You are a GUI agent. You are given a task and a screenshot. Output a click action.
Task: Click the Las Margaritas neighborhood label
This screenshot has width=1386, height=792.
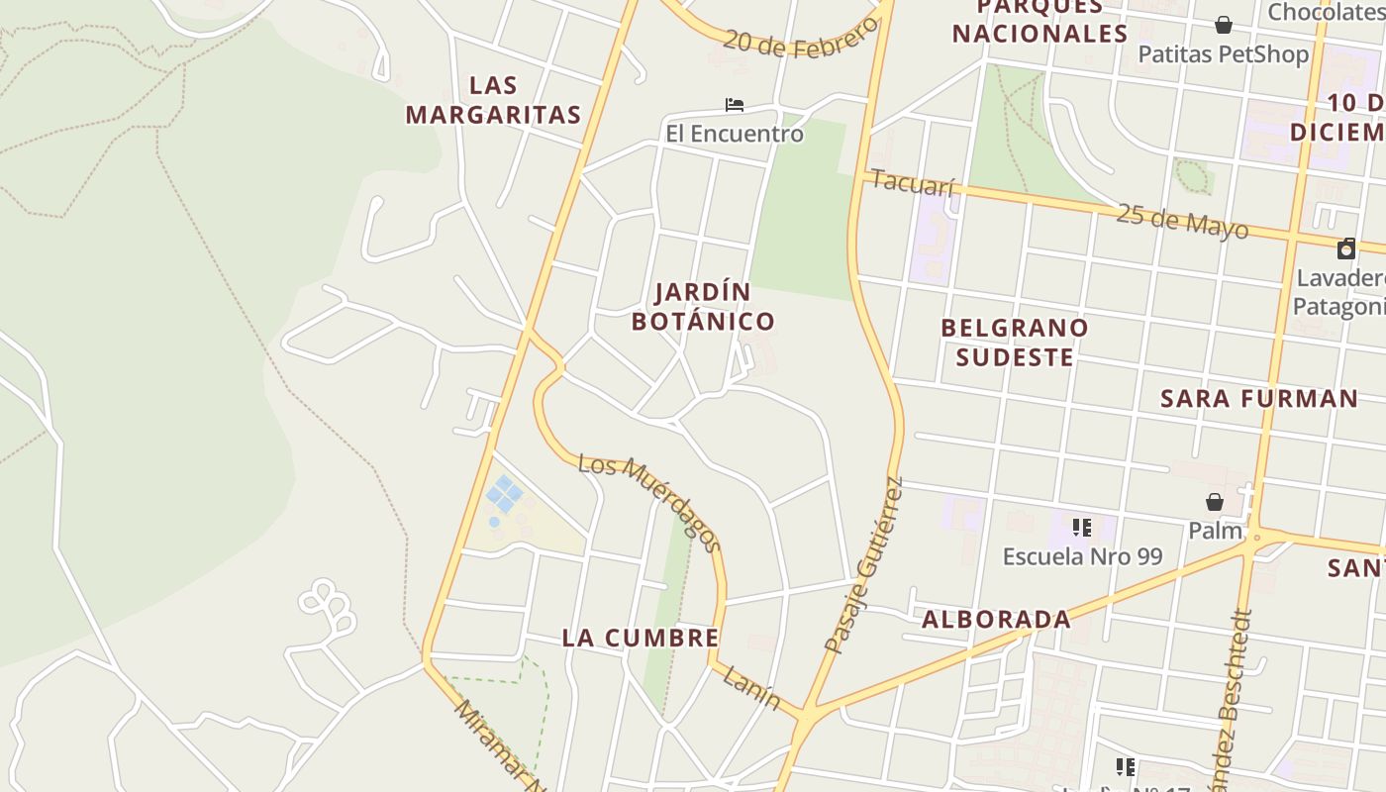(x=493, y=100)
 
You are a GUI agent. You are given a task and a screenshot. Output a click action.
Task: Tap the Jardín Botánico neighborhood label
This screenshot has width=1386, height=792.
(x=703, y=307)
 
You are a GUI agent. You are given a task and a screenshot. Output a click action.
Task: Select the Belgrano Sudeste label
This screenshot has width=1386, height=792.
(x=1014, y=342)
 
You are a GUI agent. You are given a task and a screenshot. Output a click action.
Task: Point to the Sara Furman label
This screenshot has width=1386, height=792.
(x=1259, y=399)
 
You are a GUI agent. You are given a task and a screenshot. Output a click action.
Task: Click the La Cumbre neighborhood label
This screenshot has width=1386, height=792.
(x=641, y=638)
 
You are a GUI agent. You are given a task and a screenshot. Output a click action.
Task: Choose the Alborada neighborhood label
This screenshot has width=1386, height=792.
(x=996, y=620)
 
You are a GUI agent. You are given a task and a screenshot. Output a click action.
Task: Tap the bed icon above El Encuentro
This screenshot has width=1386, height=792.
(x=734, y=104)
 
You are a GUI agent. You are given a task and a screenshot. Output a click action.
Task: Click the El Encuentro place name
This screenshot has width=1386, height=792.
(x=734, y=133)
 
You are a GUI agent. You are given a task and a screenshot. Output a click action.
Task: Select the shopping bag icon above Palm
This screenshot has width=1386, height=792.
(x=1215, y=502)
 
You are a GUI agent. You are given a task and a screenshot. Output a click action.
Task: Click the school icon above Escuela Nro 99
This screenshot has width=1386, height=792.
(x=1082, y=528)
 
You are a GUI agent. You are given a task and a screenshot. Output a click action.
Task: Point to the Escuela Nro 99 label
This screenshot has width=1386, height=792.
(x=1082, y=556)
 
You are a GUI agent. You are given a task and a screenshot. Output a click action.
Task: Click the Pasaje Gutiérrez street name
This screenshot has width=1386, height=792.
(x=865, y=566)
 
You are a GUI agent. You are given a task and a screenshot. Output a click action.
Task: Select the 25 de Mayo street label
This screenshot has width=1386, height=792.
(x=1182, y=221)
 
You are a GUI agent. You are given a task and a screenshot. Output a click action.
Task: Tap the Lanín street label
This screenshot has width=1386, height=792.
(x=751, y=688)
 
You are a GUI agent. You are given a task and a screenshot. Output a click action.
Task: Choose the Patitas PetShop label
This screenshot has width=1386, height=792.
(x=1223, y=53)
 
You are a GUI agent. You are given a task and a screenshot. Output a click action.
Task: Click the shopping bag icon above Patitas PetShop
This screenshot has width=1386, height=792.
(x=1224, y=25)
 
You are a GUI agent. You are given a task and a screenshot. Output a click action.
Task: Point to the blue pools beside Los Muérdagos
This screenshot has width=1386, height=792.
(x=504, y=494)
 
